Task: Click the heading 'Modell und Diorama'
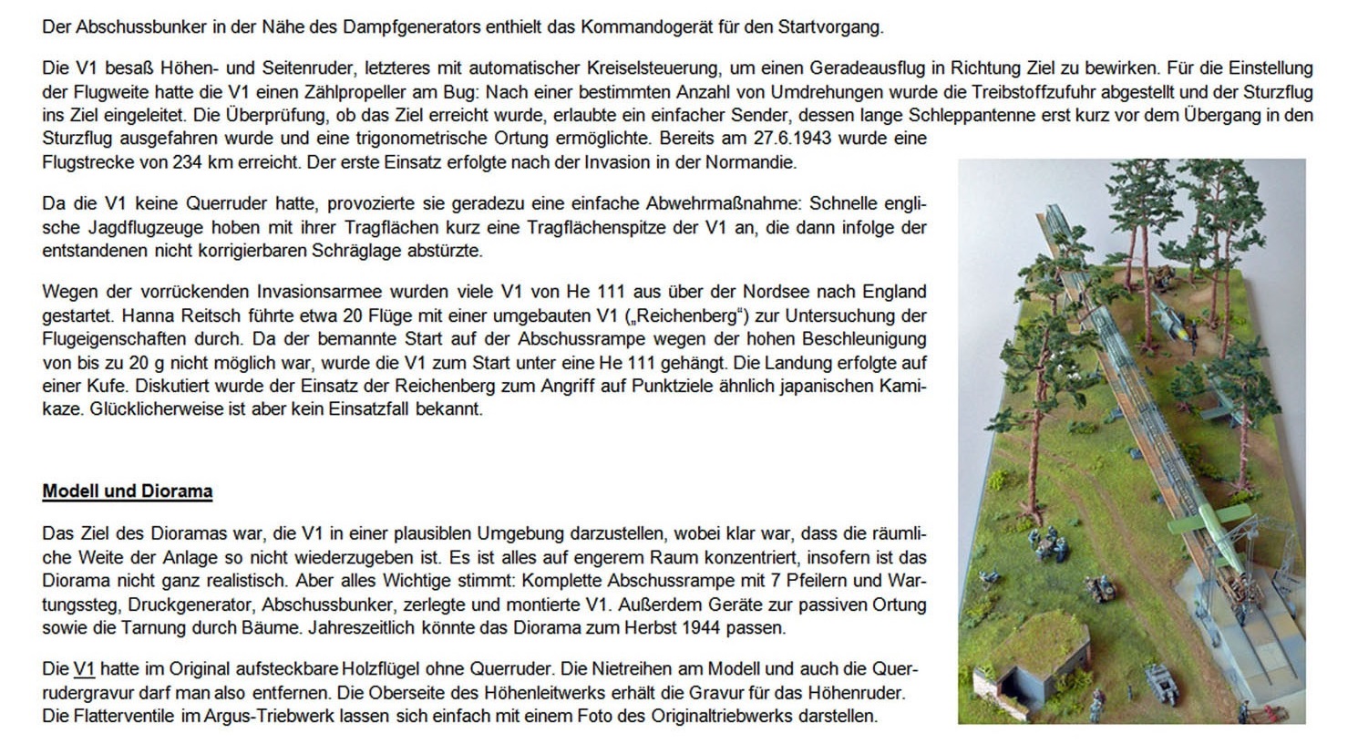[127, 491]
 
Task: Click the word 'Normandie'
[755, 162]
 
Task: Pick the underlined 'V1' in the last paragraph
[84, 668]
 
